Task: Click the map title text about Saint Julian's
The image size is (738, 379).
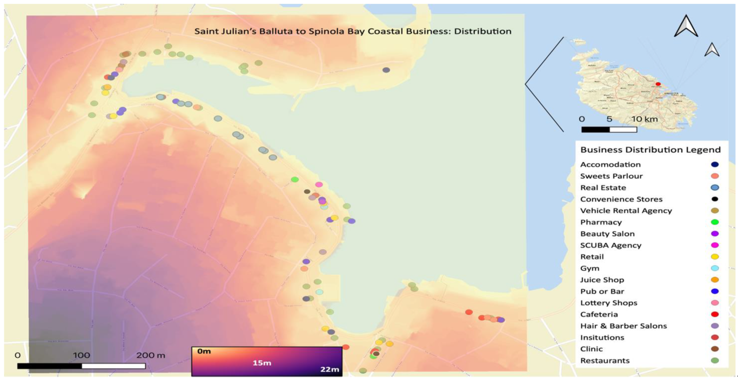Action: [353, 31]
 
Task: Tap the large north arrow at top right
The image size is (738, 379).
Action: [686, 26]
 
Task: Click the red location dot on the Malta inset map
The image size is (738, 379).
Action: [658, 84]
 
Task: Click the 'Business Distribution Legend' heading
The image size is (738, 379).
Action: [650, 150]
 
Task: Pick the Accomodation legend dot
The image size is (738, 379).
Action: [715, 164]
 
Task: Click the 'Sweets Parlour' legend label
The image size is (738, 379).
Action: [612, 176]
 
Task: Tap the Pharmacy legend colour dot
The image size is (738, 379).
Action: [715, 222]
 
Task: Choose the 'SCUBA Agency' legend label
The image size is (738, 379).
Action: [610, 245]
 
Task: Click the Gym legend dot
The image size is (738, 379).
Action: [715, 269]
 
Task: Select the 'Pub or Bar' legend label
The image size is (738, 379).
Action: [602, 291]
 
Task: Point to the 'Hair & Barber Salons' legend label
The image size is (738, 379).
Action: [623, 326]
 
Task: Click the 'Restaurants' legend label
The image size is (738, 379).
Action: [605, 361]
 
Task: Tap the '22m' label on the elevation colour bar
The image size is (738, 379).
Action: [329, 370]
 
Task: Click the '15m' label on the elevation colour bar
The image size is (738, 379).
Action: [261, 362]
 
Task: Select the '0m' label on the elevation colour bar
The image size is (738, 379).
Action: [204, 352]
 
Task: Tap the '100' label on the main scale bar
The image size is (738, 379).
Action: [82, 355]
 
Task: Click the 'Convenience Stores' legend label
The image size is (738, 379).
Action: [621, 199]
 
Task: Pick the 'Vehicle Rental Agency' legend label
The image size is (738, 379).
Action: [626, 211]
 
